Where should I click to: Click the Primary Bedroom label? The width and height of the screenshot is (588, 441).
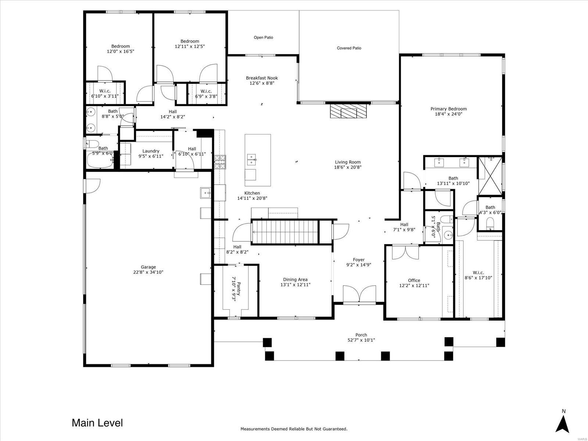pyautogui.click(x=448, y=109)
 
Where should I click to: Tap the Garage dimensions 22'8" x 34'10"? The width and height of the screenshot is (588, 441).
pyautogui.click(x=148, y=272)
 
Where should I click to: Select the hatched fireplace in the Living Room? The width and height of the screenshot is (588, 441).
pyautogui.click(x=348, y=111)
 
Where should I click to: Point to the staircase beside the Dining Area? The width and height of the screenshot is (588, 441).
pyautogui.click(x=285, y=232)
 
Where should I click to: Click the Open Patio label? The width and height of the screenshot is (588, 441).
pyautogui.click(x=263, y=37)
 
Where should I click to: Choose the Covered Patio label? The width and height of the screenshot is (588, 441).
pyautogui.click(x=349, y=48)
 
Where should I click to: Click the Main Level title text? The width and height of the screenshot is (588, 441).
pyautogui.click(x=97, y=423)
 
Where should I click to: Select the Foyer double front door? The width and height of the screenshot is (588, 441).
pyautogui.click(x=359, y=294)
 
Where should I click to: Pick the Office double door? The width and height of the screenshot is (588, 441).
pyautogui.click(x=405, y=252)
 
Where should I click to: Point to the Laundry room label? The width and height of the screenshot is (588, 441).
pyautogui.click(x=151, y=151)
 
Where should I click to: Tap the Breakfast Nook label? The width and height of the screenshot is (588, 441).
pyautogui.click(x=262, y=78)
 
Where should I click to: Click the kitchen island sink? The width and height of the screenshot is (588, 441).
pyautogui.click(x=251, y=159)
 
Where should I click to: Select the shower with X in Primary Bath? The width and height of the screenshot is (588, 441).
pyautogui.click(x=490, y=176)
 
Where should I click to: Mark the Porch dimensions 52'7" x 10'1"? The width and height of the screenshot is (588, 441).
pyautogui.click(x=361, y=340)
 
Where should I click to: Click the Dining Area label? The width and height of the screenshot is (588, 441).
pyautogui.click(x=295, y=280)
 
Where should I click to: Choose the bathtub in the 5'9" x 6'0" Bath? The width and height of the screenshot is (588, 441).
pyautogui.click(x=100, y=160)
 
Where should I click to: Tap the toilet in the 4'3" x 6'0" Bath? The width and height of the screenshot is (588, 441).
pyautogui.click(x=490, y=223)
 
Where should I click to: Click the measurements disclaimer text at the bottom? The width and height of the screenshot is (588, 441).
pyautogui.click(x=294, y=429)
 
